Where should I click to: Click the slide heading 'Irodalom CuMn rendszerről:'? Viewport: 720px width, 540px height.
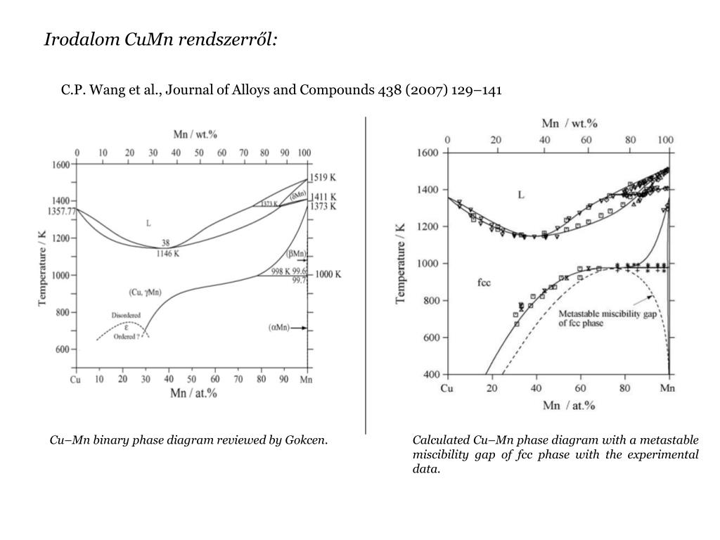coord(161,39)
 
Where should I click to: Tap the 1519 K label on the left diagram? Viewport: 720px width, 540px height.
coord(323,179)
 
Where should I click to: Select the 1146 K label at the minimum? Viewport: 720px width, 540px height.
coord(167,254)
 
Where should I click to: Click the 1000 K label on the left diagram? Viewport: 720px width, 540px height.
coord(327,275)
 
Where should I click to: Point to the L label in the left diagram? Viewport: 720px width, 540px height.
coord(148,223)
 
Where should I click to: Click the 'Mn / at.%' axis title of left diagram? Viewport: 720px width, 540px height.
coord(193,394)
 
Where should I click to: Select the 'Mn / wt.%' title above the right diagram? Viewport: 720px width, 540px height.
coord(569,124)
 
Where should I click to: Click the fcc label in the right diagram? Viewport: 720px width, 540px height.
coord(484,283)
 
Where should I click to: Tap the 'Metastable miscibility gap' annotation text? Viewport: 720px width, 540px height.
coord(608,314)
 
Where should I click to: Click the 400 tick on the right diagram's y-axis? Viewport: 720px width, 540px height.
coord(430,375)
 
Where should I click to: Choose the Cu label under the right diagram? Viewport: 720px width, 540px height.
coord(447,389)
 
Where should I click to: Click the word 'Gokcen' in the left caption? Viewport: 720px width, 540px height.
coord(305,441)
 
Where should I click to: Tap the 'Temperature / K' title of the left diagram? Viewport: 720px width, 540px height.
coord(43,257)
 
